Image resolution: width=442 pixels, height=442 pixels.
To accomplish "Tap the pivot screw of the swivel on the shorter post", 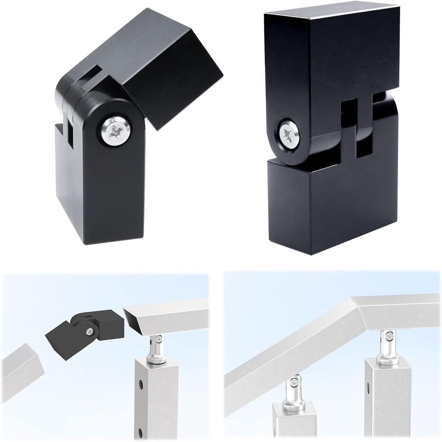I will (x=294, y=383).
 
